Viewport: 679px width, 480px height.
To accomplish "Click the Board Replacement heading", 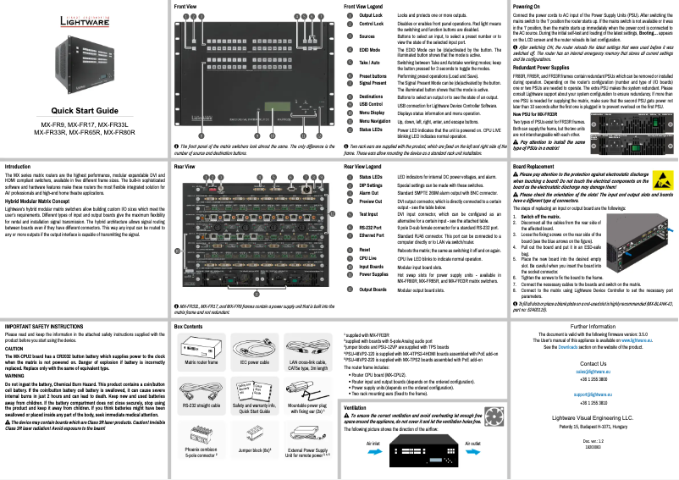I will tap(539, 168).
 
